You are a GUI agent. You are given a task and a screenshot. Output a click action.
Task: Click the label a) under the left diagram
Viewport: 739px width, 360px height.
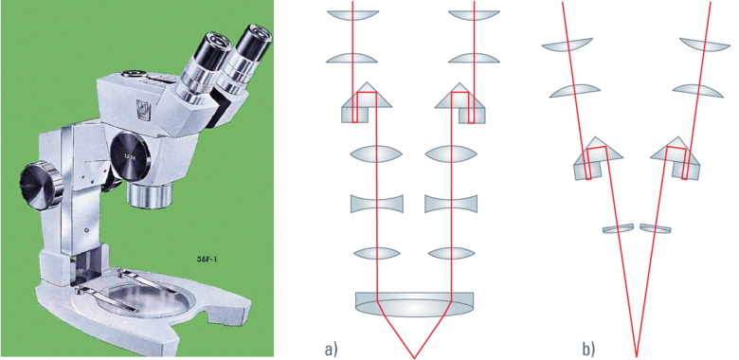332,349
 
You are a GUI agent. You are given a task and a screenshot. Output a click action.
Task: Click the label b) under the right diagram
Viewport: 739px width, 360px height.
589,349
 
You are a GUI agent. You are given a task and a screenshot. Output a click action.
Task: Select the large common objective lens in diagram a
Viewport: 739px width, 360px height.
413,302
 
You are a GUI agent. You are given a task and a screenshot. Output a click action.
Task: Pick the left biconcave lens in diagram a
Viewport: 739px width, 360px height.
376,204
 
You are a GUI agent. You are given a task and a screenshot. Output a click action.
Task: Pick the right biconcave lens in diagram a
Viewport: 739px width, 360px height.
451,204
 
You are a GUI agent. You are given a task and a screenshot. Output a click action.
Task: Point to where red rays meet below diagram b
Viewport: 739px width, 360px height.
636,356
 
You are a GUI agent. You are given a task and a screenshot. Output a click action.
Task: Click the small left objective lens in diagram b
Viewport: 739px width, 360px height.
619,228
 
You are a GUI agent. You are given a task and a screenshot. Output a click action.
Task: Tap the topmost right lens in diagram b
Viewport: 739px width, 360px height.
703,45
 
